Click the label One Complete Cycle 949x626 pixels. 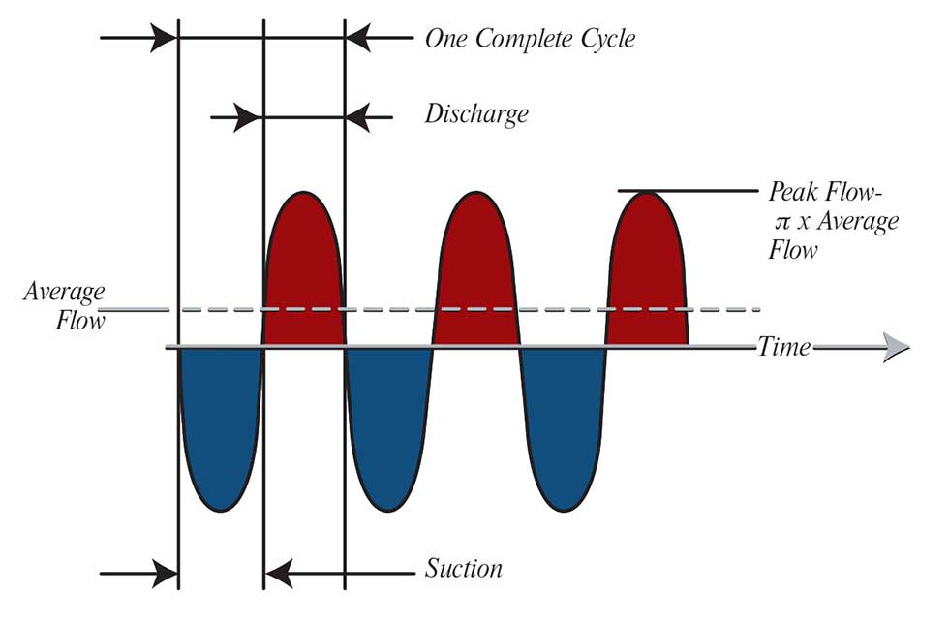(x=530, y=40)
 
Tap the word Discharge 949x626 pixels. (x=476, y=114)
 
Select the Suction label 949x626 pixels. (x=464, y=568)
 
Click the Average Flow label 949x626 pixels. (x=65, y=305)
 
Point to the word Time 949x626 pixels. (x=784, y=347)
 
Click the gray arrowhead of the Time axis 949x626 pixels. (x=896, y=348)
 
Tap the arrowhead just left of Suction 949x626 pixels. (x=279, y=574)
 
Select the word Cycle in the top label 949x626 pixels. (x=606, y=40)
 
